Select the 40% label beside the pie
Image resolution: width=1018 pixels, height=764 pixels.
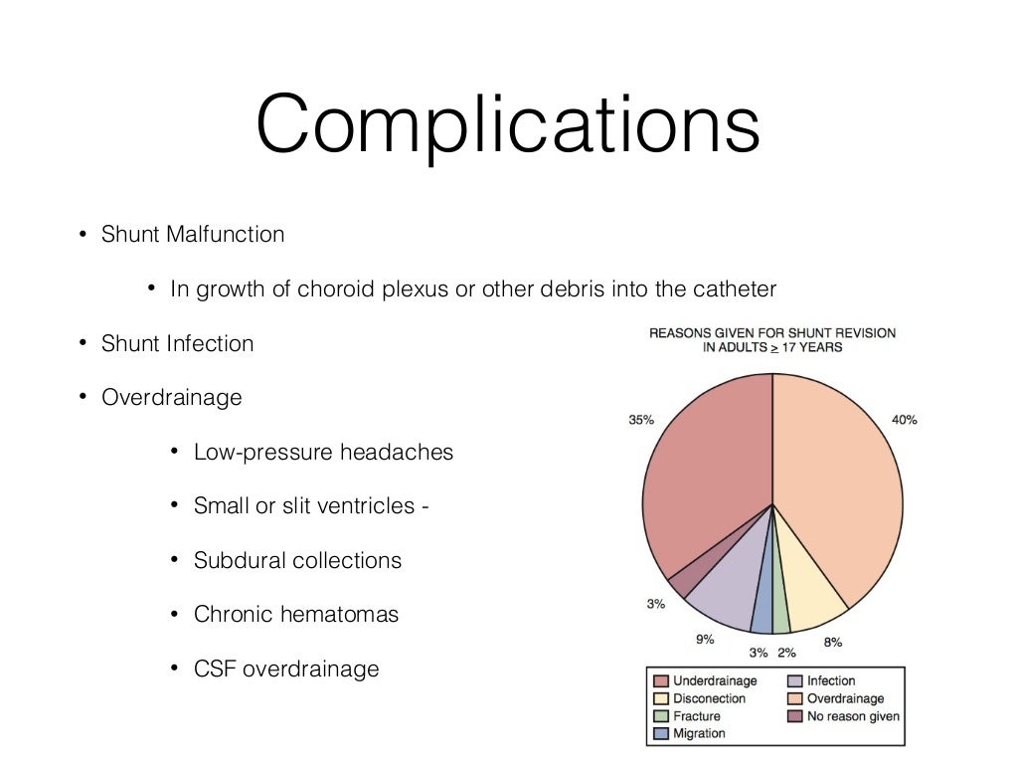pos(904,420)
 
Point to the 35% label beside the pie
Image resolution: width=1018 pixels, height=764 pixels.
pos(641,420)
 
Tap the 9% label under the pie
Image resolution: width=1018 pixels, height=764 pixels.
pos(705,639)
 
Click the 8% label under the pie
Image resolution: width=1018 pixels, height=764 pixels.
pos(833,643)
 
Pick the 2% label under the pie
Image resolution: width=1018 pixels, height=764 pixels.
pos(786,653)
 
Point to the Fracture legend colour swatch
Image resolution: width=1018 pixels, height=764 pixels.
pos(660,716)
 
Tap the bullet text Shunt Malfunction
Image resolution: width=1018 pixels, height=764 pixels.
pos(193,235)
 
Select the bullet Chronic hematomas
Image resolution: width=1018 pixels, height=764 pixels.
pos(296,615)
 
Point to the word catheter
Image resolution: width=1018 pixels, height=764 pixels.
pos(736,289)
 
